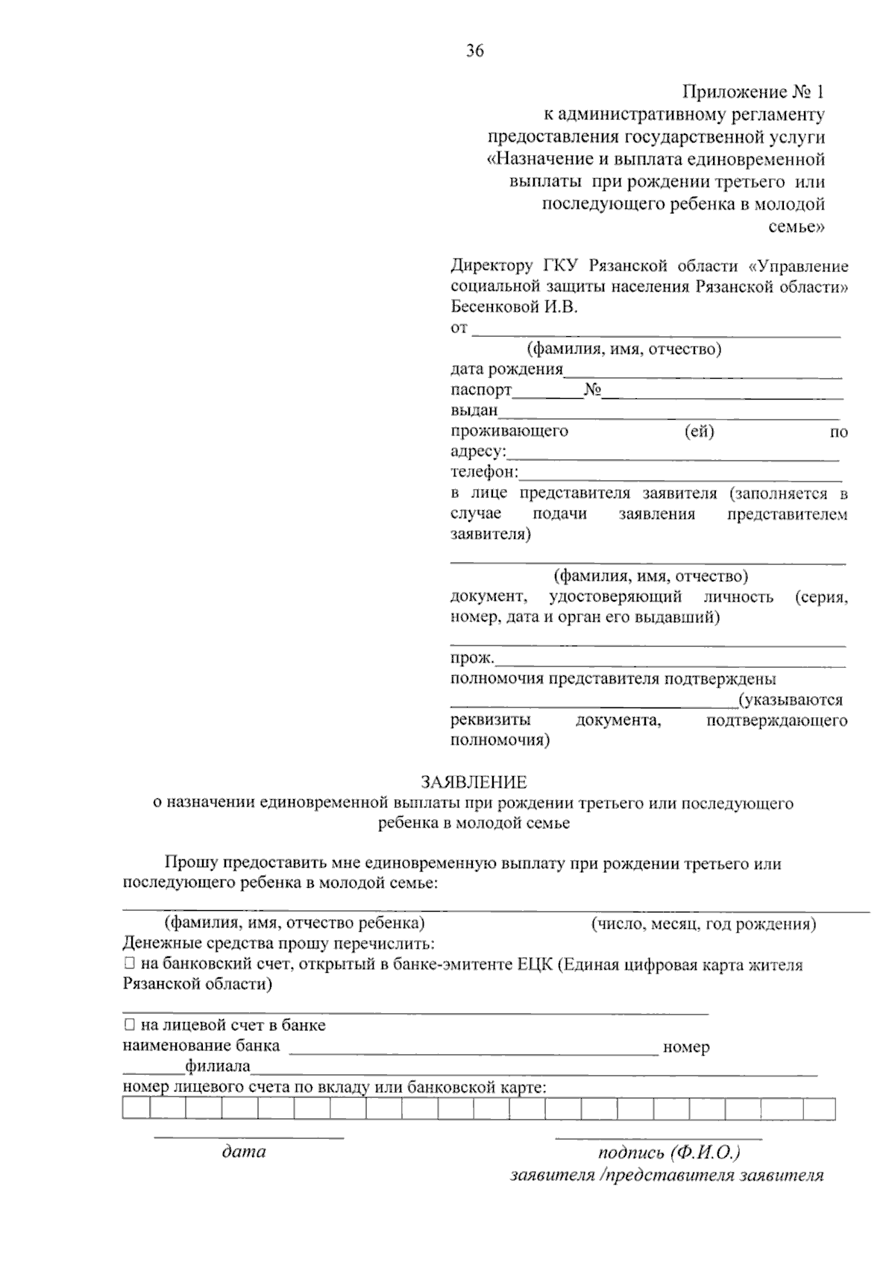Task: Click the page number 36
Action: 475,51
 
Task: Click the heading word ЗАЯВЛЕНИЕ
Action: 474,782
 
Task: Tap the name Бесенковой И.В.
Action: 514,306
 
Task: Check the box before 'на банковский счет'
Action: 129,964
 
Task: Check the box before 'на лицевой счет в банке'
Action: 129,1025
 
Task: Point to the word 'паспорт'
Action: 481,390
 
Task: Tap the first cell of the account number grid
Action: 136,1109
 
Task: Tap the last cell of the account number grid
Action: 820,1109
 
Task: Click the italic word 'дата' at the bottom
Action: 244,1152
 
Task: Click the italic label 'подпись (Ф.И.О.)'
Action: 668,1152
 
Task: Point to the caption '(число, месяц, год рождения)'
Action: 703,924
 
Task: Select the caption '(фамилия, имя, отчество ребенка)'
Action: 295,923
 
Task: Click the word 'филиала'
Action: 218,1067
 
